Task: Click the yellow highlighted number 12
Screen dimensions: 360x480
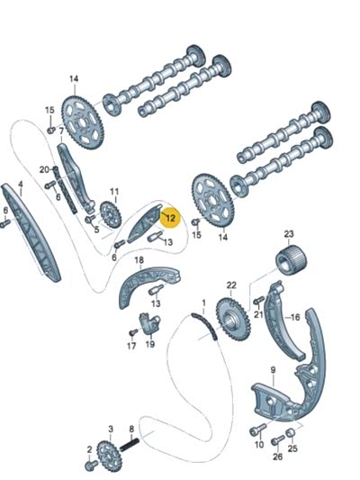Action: pos(170,218)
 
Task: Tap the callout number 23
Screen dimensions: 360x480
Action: pos(289,234)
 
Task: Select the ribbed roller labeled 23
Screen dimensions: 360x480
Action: pos(292,261)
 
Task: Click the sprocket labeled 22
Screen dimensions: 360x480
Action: pos(233,320)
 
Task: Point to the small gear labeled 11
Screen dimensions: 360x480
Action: pos(111,214)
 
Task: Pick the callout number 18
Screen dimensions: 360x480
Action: pos(139,260)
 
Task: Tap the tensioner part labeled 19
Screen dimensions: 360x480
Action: pos(149,324)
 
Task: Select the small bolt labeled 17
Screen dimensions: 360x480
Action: pos(132,332)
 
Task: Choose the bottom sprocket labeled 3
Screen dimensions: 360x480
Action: pos(109,456)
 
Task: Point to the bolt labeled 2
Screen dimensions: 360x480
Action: pos(91,465)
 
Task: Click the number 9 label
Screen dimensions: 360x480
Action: pos(273,370)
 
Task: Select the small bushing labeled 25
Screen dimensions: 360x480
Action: pos(291,433)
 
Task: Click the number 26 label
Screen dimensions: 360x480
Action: pos(277,457)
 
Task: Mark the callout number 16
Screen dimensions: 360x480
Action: pos(295,318)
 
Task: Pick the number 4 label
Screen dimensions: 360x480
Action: pos(21,184)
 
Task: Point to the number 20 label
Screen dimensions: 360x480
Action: pos(44,169)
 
